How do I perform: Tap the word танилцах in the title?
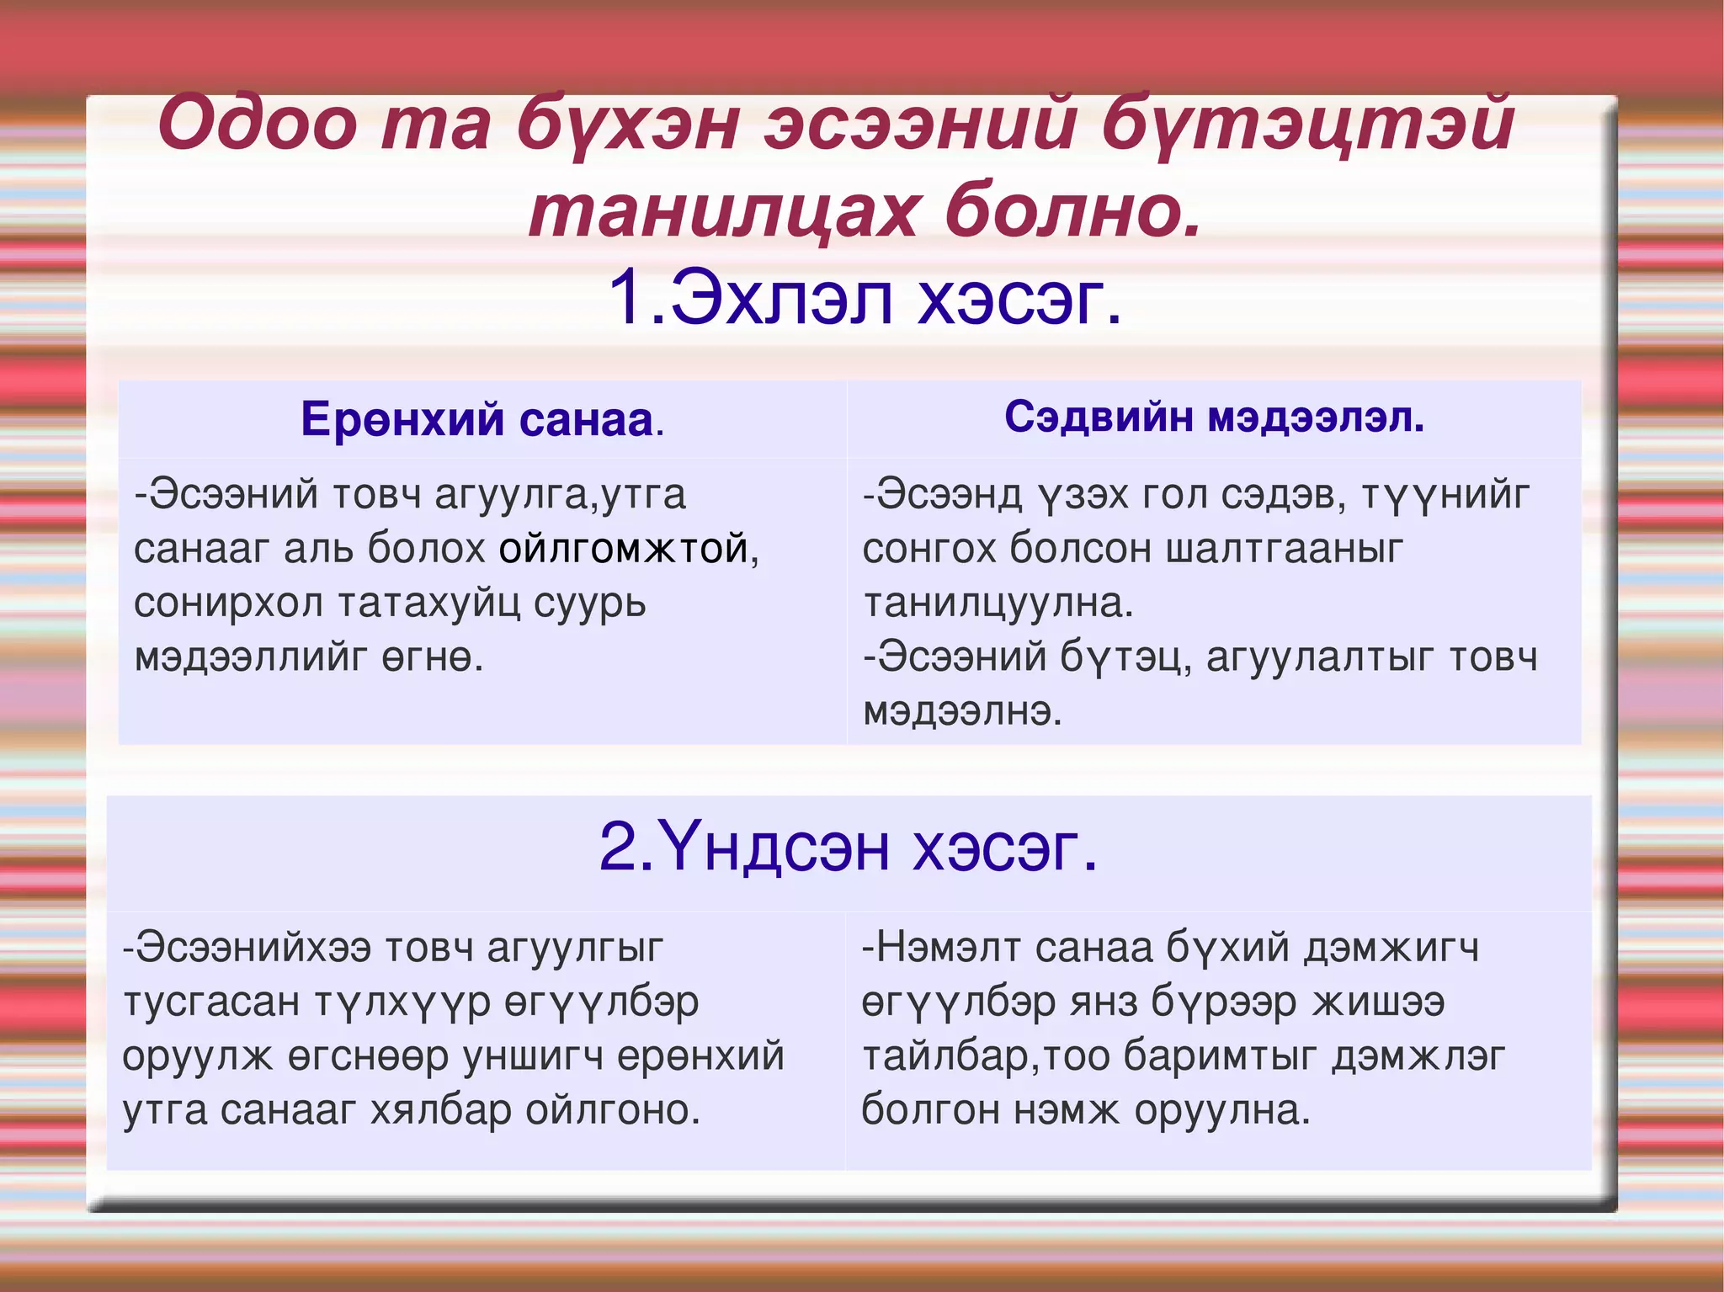722,212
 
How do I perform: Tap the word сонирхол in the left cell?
228,603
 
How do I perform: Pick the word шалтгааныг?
1285,550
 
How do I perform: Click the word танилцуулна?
998,603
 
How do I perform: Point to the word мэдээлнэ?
962,712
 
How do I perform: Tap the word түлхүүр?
402,1002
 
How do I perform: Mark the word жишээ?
1380,1002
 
